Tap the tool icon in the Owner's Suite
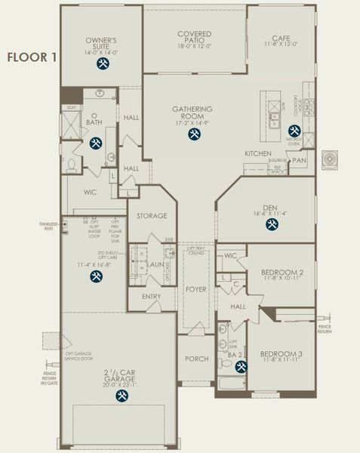[101, 65]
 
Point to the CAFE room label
[280, 39]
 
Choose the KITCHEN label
[257, 154]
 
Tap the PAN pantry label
[300, 160]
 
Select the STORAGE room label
[151, 216]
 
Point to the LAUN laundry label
[155, 264]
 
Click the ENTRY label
[151, 297]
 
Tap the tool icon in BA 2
[241, 367]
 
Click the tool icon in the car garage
[121, 393]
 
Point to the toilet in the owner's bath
[70, 164]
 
